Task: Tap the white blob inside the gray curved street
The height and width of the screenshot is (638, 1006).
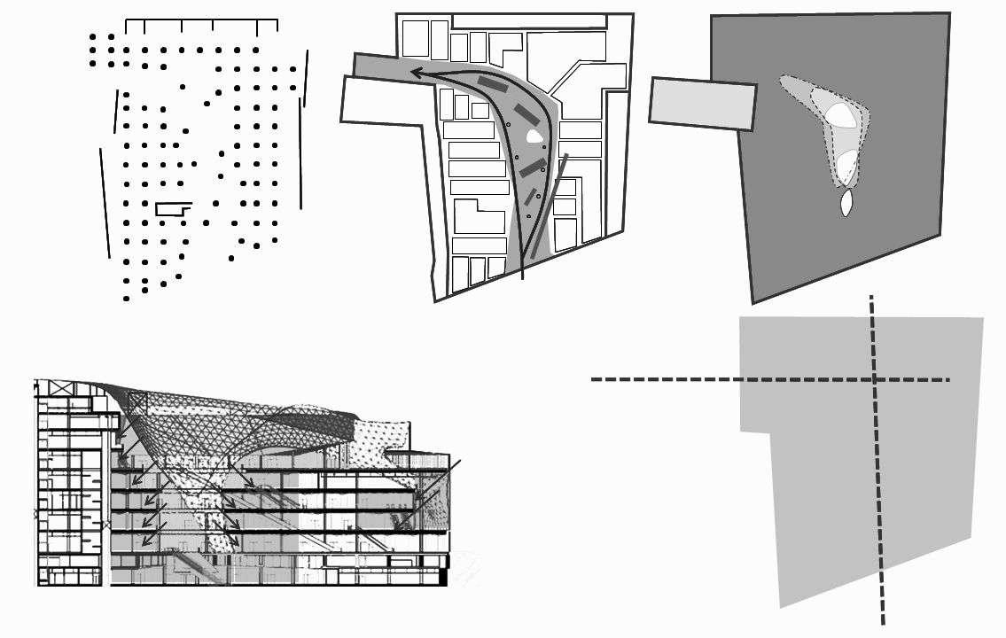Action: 533,136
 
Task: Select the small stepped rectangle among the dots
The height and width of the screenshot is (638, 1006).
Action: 173,209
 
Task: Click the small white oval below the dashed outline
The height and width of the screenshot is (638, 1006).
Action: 846,204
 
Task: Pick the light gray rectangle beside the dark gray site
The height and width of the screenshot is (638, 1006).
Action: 702,103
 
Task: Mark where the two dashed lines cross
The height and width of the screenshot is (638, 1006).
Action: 874,380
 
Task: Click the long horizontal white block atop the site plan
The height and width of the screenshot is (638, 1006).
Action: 529,20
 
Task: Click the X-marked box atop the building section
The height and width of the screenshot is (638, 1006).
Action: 54,388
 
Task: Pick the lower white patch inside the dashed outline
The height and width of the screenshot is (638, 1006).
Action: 847,164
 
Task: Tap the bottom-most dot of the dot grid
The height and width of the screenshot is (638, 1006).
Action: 126,299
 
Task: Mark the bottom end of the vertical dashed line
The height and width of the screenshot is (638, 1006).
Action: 883,623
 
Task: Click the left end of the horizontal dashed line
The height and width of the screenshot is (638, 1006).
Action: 593,380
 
